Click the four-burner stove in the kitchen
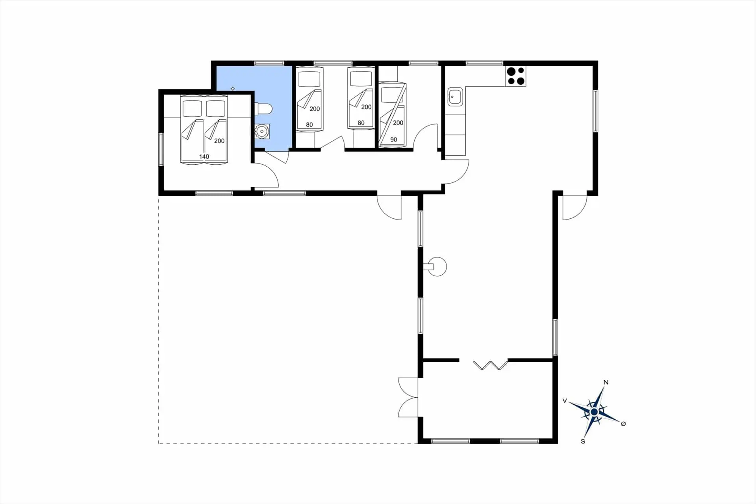(516, 76)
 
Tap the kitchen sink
(455, 97)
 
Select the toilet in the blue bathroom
(263, 108)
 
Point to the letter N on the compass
(606, 382)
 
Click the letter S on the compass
(583, 441)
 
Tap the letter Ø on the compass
(623, 424)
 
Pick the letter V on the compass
(565, 401)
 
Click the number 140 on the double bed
(204, 156)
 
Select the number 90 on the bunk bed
(393, 139)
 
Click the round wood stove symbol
(437, 267)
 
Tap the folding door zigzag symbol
(491, 365)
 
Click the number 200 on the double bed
(219, 141)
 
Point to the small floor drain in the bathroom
(233, 89)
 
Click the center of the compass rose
(594, 412)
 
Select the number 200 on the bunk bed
(398, 123)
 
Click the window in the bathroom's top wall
(269, 63)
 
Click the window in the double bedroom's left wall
(161, 149)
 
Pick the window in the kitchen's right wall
(595, 111)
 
